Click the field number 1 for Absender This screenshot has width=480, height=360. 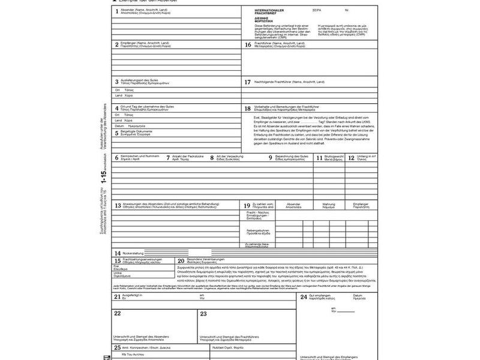(x=117, y=11)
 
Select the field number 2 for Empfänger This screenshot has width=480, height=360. (x=117, y=44)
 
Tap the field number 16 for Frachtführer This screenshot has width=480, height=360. (x=247, y=44)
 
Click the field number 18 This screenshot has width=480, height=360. (x=247, y=109)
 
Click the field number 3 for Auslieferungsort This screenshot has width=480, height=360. (x=117, y=82)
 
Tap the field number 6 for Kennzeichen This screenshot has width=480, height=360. (x=117, y=157)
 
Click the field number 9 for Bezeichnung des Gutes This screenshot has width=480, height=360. (x=270, y=157)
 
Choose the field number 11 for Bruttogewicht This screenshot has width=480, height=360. (x=319, y=157)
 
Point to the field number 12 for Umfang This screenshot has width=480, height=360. (x=351, y=157)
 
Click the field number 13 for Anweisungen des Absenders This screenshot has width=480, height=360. (x=118, y=205)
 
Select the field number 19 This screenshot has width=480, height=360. (x=247, y=205)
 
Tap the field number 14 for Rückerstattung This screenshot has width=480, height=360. (x=118, y=253)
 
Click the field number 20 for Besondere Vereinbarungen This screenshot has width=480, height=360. (x=181, y=261)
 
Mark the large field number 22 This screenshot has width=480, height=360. (x=117, y=313)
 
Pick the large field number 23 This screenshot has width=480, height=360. (x=203, y=313)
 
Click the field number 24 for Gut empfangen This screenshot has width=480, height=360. (x=304, y=296)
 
